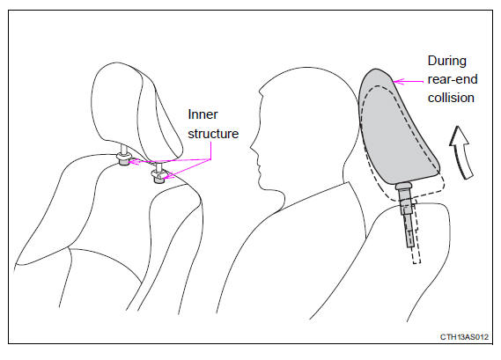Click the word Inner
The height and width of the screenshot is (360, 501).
click(x=203, y=114)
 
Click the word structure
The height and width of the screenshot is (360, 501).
click(x=213, y=134)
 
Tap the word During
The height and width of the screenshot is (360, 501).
click(x=447, y=61)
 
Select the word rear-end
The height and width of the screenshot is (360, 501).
click(x=453, y=79)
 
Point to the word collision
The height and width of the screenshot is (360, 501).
click(x=451, y=98)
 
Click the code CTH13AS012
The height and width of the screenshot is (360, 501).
click(x=464, y=337)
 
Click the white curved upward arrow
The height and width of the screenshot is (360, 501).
click(x=462, y=151)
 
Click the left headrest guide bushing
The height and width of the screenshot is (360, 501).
click(x=124, y=158)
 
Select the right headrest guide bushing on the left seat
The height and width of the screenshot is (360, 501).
click(x=158, y=176)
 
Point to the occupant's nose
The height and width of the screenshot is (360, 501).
click(x=252, y=148)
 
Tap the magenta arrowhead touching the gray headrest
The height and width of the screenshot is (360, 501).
click(x=396, y=82)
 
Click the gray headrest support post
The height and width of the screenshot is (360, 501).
click(x=406, y=214)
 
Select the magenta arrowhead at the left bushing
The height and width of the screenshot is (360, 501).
click(x=133, y=161)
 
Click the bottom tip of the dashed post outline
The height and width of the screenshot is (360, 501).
click(x=416, y=263)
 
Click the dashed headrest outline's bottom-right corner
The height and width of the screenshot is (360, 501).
click(x=443, y=189)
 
